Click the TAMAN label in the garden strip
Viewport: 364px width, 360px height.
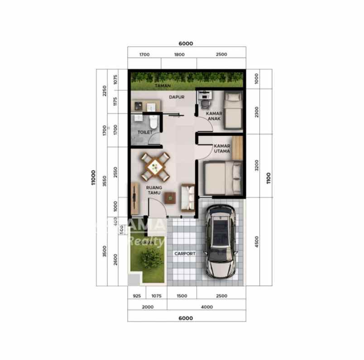tap(162, 86)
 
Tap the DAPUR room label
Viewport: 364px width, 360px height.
tap(177, 96)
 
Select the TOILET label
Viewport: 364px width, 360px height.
tap(145, 132)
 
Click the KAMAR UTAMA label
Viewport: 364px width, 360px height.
tap(222, 149)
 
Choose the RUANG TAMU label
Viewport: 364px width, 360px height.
tap(154, 189)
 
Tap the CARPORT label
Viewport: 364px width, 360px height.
tap(185, 254)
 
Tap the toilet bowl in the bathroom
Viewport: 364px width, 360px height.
tap(153, 122)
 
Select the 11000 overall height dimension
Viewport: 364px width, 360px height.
tap(93, 178)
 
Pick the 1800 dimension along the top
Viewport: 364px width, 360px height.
tap(179, 54)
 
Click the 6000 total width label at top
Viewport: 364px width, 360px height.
tap(186, 43)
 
